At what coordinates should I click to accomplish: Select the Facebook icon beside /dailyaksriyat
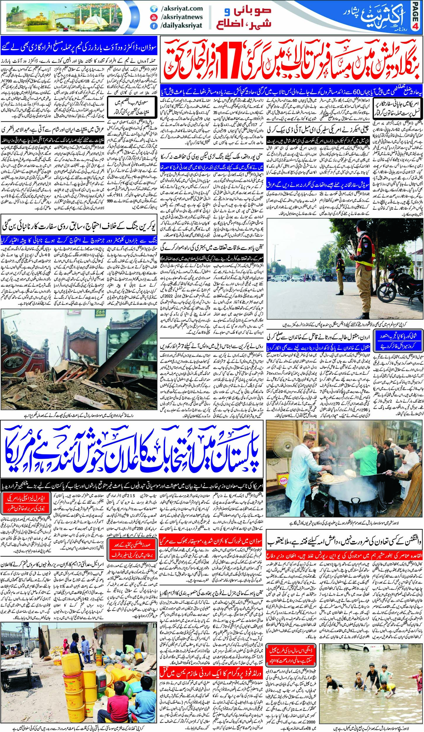tap(152, 25)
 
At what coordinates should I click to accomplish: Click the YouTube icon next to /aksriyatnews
tap(152, 17)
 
